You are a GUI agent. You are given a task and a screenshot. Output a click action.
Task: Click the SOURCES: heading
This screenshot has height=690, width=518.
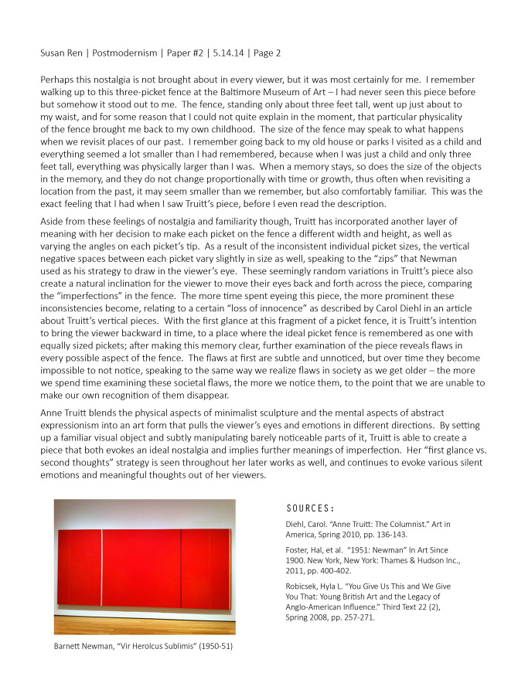(310, 508)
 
